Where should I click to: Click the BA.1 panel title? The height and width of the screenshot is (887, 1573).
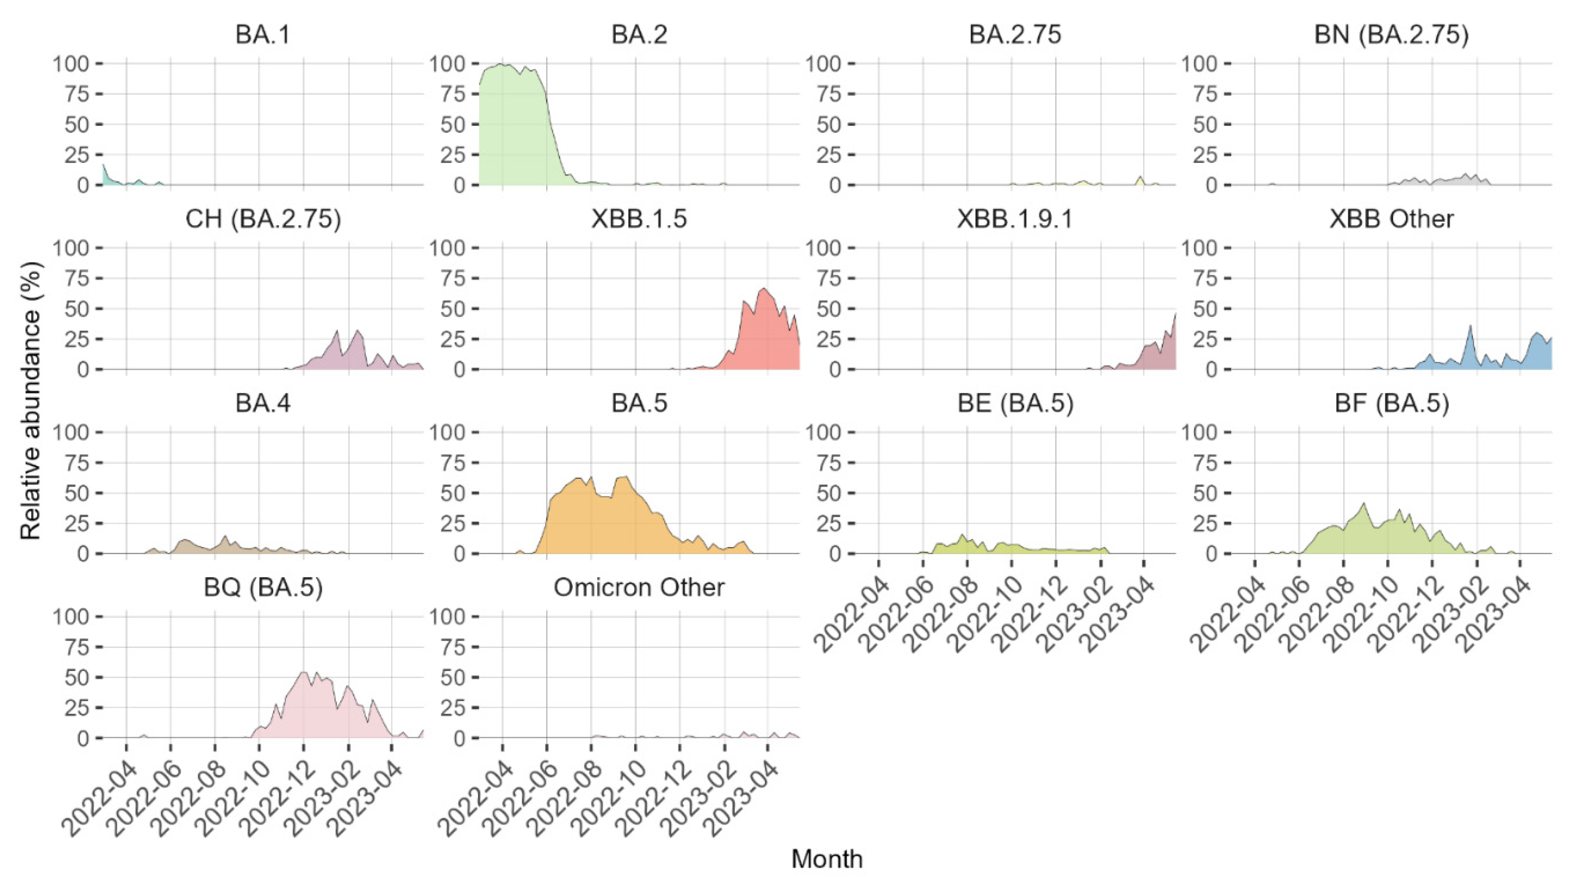coord(263,35)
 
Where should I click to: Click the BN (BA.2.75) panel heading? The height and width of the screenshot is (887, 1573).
coord(1391,35)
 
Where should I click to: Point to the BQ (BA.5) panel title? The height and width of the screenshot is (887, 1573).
coord(263,587)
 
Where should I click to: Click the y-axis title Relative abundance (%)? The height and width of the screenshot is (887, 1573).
coord(30,400)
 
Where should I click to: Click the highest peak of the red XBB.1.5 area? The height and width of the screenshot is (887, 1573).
coord(763,289)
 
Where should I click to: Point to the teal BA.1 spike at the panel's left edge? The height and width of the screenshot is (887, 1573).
coord(104,166)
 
